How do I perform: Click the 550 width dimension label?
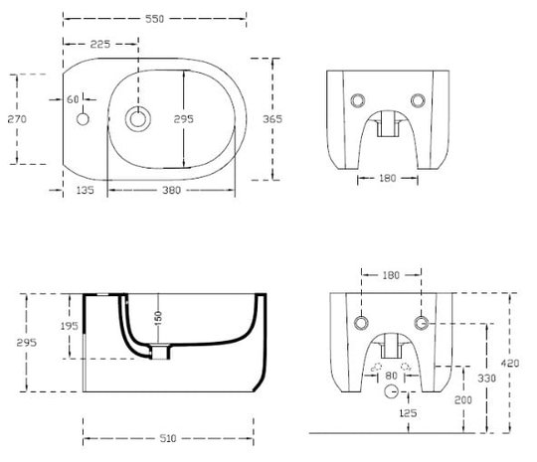pyautogui.click(x=155, y=19)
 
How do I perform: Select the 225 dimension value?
pyautogui.click(x=100, y=44)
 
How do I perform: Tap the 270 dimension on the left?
pyautogui.click(x=17, y=119)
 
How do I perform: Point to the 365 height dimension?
pyautogui.click(x=272, y=119)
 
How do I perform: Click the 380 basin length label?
pyautogui.click(x=171, y=190)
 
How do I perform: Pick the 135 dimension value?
pyautogui.click(x=85, y=190)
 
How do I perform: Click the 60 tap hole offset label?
pyautogui.click(x=73, y=99)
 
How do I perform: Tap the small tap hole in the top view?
pyautogui.click(x=83, y=119)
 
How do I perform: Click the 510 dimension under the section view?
pyautogui.click(x=168, y=438)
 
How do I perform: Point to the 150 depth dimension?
pyautogui.click(x=158, y=319)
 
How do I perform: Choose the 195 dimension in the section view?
pyautogui.click(x=70, y=326)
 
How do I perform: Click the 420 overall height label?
pyautogui.click(x=510, y=363)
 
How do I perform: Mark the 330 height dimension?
pyautogui.click(x=486, y=379)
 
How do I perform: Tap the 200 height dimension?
pyautogui.click(x=463, y=399)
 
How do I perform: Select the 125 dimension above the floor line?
pyautogui.click(x=409, y=413)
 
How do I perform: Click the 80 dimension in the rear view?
pyautogui.click(x=391, y=376)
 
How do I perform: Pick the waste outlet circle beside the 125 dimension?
pyautogui.click(x=391, y=391)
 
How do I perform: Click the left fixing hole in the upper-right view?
pyautogui.click(x=358, y=100)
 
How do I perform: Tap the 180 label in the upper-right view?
pyautogui.click(x=388, y=178)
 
